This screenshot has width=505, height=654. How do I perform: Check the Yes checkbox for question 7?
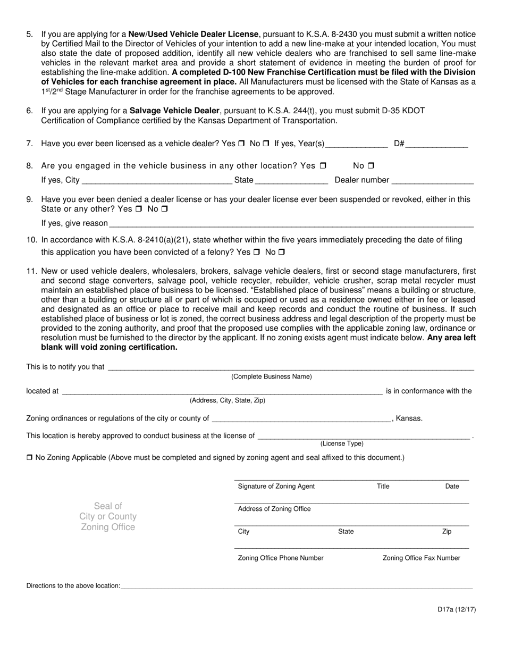[241, 143]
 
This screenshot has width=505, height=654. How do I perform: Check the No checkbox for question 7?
[266, 143]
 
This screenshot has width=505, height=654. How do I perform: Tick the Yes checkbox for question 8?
[323, 165]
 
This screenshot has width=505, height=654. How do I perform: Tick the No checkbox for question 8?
[371, 165]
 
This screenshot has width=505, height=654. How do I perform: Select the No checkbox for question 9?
[164, 209]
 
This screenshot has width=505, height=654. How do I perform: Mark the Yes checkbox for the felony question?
[257, 252]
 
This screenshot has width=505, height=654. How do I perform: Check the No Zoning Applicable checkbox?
[30, 457]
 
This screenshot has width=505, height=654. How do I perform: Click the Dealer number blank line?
[432, 181]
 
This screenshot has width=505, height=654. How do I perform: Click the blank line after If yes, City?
[156, 181]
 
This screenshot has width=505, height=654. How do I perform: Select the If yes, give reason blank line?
[291, 224]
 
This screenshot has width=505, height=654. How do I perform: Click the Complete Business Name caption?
[272, 376]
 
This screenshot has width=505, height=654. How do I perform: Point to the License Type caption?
[342, 443]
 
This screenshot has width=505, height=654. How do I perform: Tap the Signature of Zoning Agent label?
[276, 486]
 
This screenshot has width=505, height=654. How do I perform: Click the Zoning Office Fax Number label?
[422, 558]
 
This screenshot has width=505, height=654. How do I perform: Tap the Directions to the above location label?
[73, 586]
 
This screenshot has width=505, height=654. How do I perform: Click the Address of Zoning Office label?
[274, 509]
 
